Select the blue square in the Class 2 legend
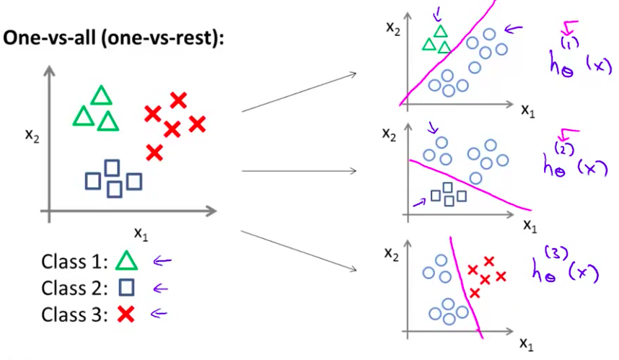(x=126, y=288)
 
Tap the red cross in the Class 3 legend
(x=126, y=314)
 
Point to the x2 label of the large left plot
(x=30, y=135)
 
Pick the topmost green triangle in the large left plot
(x=101, y=95)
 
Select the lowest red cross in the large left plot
(x=154, y=152)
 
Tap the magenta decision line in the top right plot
(x=447, y=53)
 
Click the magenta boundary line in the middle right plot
(x=469, y=180)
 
